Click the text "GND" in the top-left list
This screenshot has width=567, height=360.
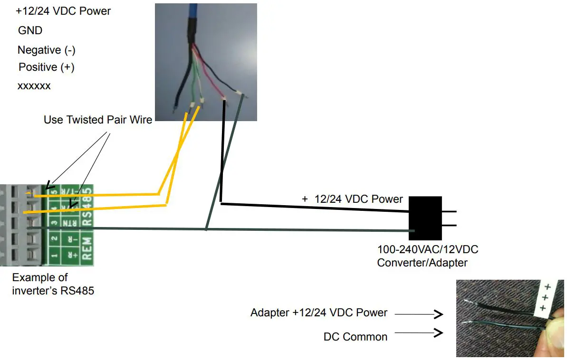(30, 30)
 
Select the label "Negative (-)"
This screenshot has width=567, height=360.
(46, 50)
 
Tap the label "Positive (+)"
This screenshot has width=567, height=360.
(46, 67)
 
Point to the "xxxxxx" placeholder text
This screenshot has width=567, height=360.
(34, 86)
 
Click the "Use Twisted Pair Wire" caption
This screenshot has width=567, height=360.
(97, 120)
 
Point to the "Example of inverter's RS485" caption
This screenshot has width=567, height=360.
(53, 284)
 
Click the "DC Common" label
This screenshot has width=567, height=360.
(355, 337)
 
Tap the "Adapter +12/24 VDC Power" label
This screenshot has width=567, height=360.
(318, 313)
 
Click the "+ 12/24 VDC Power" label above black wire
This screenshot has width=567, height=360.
(352, 199)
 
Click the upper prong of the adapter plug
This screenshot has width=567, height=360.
(449, 211)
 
